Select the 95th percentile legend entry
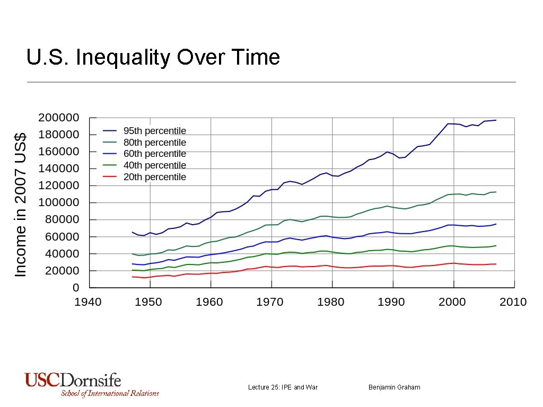pos(154,131)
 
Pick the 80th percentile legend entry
pos(154,143)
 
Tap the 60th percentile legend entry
pos(154,154)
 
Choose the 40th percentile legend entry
pos(154,165)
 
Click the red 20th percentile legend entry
pos(154,177)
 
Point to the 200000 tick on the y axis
pos(58,118)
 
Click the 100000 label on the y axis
pos(58,202)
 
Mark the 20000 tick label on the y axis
pos(61,271)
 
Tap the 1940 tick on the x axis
pos(88,302)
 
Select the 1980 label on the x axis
pos(331,302)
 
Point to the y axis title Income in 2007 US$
pos(20,203)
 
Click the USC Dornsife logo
pos(73,381)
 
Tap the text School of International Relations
pos(110,393)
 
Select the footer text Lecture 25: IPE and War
pos(283,387)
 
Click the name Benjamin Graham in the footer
pos(394,387)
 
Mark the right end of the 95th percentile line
pos(496,120)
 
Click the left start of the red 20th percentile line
pos(132,277)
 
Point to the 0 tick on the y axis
pos(75,288)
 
